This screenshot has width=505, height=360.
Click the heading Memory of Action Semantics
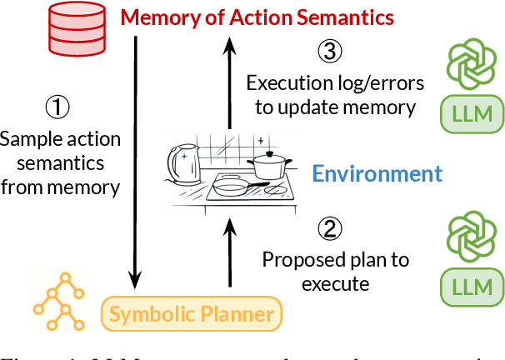(x=255, y=16)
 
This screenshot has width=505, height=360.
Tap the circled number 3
(x=329, y=52)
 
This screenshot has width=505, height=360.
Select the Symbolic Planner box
(x=192, y=314)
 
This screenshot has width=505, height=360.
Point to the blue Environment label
(x=376, y=173)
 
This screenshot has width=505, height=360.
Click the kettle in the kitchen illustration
(x=185, y=166)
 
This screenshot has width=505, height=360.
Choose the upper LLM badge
(x=473, y=112)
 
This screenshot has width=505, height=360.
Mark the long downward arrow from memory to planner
(x=134, y=158)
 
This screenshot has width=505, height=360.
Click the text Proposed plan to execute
(x=335, y=272)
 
